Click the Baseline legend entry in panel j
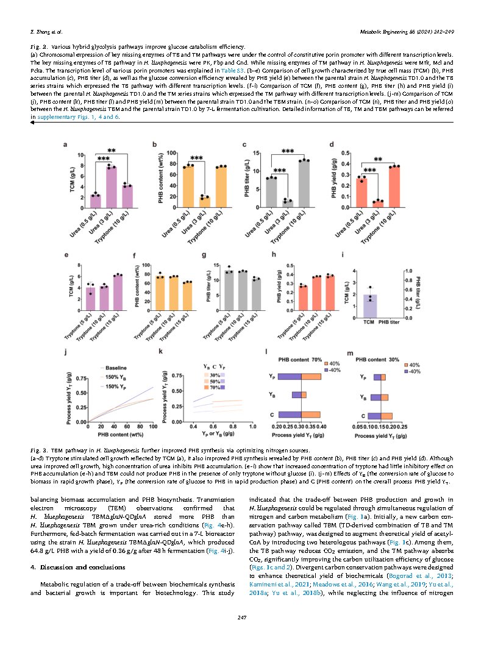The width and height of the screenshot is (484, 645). point(115,368)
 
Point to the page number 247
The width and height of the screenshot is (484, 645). point(242,618)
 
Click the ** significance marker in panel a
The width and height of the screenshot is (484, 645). point(112,151)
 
